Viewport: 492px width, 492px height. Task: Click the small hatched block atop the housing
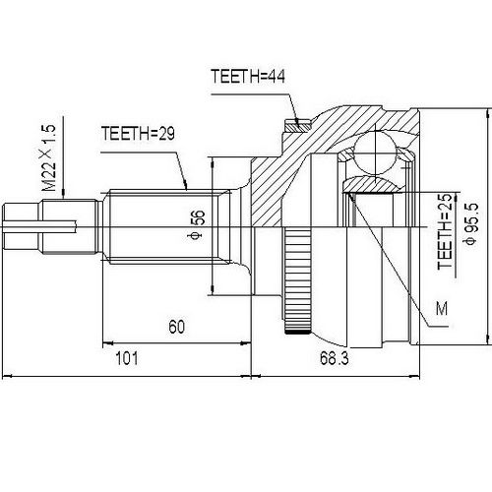point(292,126)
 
